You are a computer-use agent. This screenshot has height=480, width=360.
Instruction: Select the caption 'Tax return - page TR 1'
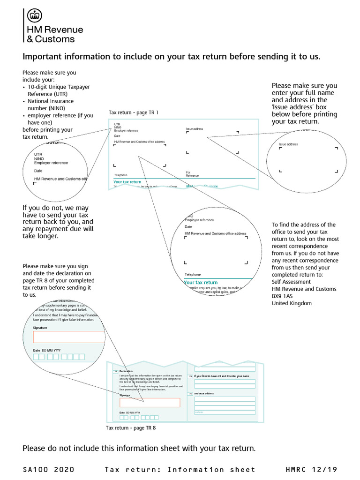[134, 112]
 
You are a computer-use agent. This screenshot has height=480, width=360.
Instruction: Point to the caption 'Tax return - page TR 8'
[131, 428]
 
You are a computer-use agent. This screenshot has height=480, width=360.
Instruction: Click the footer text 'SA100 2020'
[48, 469]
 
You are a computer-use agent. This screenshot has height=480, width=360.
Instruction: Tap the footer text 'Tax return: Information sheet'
[180, 469]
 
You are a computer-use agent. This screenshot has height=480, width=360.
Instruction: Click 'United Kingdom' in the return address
[292, 303]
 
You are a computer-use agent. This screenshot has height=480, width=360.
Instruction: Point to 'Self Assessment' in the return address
[291, 282]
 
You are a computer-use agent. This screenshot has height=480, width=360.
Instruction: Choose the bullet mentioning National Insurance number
[51, 105]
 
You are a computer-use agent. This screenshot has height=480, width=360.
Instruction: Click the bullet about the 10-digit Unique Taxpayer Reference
[59, 90]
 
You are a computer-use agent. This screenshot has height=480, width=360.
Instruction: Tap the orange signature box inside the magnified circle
[68, 337]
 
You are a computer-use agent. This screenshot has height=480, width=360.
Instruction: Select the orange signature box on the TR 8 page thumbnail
[150, 402]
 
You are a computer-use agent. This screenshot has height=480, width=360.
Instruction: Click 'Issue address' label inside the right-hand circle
[288, 144]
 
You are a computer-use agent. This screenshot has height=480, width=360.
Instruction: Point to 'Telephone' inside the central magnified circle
[193, 274]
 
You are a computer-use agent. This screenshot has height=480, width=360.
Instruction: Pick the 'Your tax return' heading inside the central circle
[201, 283]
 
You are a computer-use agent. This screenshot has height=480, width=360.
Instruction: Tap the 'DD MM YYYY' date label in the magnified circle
[51, 350]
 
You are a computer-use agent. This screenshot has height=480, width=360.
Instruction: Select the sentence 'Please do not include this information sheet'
[139, 449]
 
